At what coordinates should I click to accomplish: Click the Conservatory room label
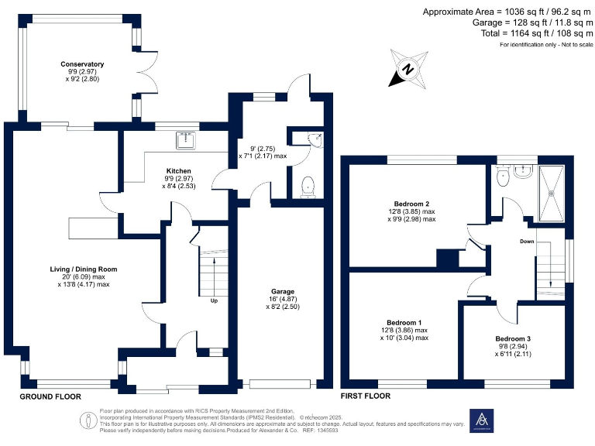click(83, 64)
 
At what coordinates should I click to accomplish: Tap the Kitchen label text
click(178, 171)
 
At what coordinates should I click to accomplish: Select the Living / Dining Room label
click(75, 269)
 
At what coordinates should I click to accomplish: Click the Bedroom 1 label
click(404, 322)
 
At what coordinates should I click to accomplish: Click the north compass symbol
click(408, 67)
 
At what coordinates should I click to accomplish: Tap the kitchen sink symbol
click(185, 140)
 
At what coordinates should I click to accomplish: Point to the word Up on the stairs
click(214, 301)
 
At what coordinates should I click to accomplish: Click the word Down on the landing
click(526, 241)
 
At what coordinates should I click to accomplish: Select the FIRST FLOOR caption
click(365, 396)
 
